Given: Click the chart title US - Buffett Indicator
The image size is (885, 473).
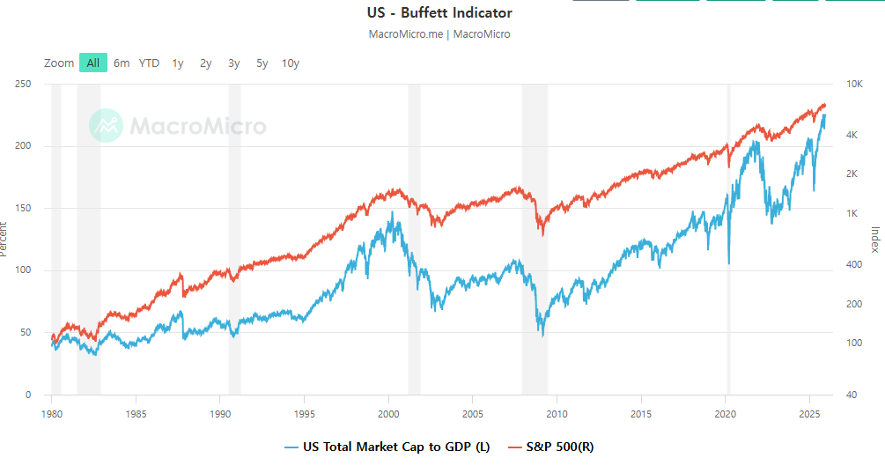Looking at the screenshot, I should tap(439, 13).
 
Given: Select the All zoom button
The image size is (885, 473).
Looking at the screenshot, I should tap(92, 63).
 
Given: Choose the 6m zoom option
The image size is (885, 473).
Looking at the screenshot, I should tap(122, 63).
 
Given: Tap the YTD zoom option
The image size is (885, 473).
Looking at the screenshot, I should tap(150, 63).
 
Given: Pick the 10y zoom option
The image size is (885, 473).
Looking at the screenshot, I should tap(291, 63).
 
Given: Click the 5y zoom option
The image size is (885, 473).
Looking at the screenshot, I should tap(262, 63).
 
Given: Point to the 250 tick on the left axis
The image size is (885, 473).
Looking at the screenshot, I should tap(23, 84).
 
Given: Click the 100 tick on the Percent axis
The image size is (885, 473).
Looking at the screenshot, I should tap(23, 270).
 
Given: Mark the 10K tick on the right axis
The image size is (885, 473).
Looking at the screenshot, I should tap(854, 84).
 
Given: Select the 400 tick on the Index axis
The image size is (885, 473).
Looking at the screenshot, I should tap(853, 264).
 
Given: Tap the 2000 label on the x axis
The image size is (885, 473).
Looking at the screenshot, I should tap(389, 413).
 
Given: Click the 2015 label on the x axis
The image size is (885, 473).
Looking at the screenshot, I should tap(641, 413).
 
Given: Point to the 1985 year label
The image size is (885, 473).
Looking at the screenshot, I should tap(136, 413).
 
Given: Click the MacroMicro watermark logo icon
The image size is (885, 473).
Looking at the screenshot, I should tap(106, 125).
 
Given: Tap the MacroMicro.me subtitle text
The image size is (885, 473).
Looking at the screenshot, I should tap(406, 34).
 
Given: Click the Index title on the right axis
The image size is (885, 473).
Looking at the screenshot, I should tap(874, 239).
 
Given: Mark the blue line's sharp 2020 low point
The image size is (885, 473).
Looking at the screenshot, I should tap(729, 262).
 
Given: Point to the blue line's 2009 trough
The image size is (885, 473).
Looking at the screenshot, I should tap(542, 335).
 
